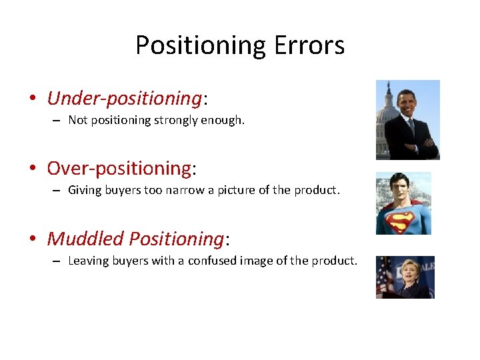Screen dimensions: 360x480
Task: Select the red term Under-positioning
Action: click(x=124, y=99)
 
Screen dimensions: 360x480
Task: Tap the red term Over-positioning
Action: click(x=119, y=168)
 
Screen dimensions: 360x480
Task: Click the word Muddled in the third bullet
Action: click(x=85, y=238)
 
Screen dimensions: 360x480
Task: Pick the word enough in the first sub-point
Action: click(x=223, y=121)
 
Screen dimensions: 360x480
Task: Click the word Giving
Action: click(x=84, y=190)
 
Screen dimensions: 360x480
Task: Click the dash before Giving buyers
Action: click(x=57, y=191)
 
